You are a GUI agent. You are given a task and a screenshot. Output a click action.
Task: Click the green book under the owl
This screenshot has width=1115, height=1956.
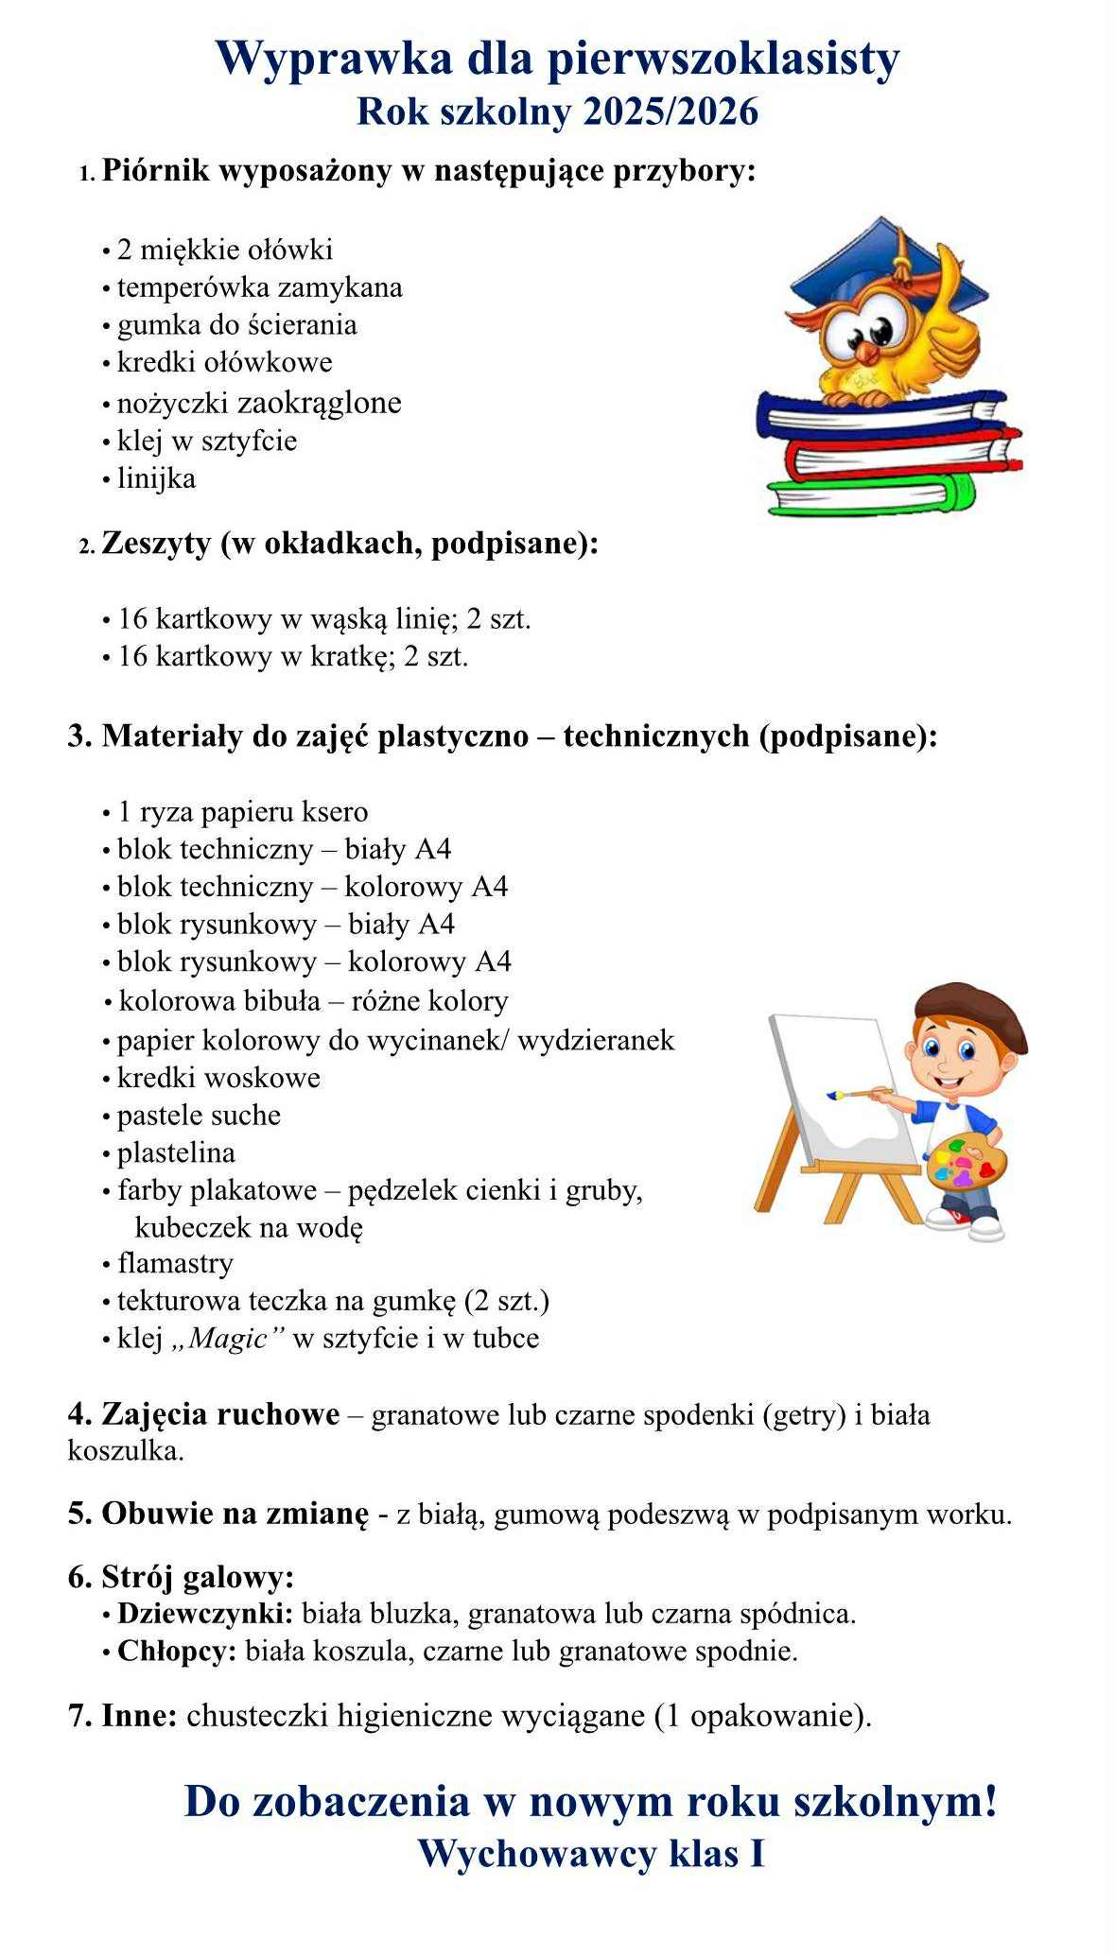pos(870,494)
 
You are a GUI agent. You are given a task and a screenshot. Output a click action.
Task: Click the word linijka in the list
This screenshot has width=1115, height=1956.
pos(156,478)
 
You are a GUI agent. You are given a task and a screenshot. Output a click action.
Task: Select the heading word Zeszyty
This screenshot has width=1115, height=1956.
pos(156,545)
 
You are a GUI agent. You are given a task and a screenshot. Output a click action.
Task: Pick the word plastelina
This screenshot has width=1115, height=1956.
pos(176,1153)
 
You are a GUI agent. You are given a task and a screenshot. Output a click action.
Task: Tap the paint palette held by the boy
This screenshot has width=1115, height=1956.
pos(964,1163)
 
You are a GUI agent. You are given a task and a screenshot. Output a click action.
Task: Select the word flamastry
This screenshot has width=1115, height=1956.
pos(175,1264)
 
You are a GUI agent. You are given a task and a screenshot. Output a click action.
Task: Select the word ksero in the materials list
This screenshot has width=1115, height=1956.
pos(335,812)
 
